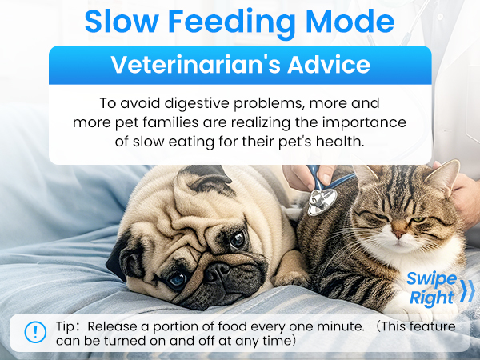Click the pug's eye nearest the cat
pyautogui.click(x=238, y=238)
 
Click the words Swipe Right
pyautogui.click(x=431, y=288)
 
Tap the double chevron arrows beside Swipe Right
pyautogui.click(x=467, y=289)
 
